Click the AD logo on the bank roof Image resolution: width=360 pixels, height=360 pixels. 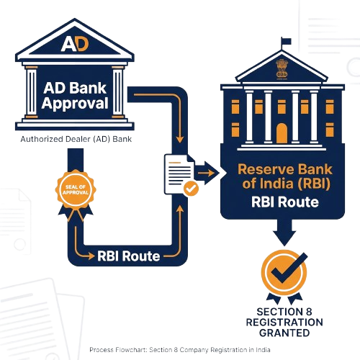(75, 42)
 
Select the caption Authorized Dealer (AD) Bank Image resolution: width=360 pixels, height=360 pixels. (76, 138)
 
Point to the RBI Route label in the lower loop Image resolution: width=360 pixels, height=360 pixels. (129, 256)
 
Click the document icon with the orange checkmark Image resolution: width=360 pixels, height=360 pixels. (180, 173)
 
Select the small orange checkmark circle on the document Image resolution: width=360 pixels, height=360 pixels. (190, 188)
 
